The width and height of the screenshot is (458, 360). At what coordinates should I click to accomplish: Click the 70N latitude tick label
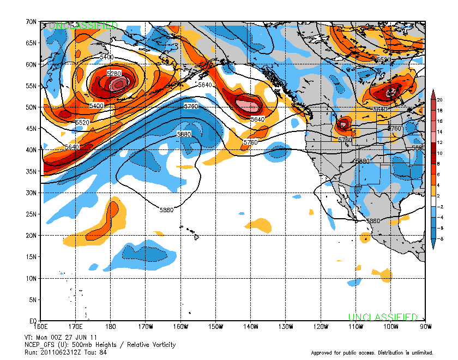31,22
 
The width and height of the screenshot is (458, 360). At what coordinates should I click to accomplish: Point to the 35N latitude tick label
31,171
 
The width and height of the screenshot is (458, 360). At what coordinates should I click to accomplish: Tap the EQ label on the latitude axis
32,321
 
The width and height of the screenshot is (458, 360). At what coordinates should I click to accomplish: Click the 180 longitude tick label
111,327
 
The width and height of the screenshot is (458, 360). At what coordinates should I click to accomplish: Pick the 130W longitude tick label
286,327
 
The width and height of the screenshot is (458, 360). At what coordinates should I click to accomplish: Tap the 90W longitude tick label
426,327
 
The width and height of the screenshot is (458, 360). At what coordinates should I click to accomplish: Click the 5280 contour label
113,73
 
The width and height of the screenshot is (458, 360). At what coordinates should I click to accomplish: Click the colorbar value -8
440,238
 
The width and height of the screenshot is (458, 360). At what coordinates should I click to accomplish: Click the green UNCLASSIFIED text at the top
83,26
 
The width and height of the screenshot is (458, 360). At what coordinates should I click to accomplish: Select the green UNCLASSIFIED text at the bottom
383,317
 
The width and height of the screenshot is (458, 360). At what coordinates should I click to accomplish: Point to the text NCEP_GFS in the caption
41,344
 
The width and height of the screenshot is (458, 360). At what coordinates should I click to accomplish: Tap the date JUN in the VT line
85,337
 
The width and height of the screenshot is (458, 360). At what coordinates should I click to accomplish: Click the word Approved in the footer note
323,352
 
